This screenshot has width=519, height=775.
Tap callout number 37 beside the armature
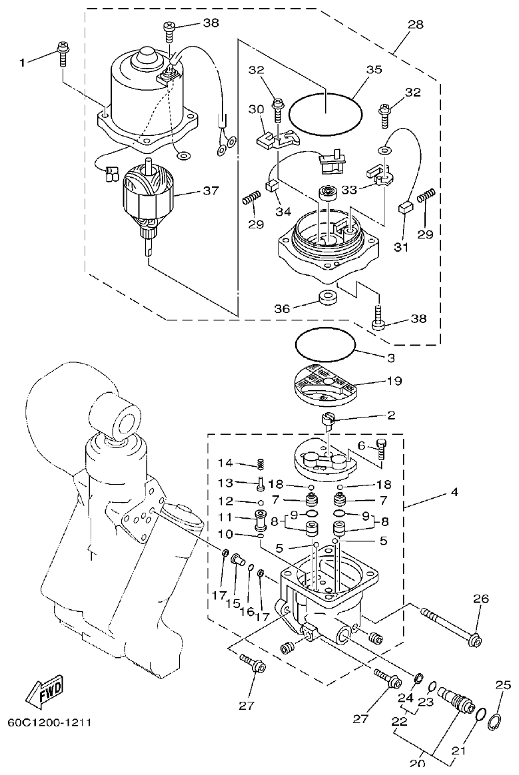[211, 190]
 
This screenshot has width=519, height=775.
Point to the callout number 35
[374, 69]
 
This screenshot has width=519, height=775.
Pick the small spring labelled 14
[262, 463]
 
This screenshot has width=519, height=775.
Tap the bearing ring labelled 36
[328, 298]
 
